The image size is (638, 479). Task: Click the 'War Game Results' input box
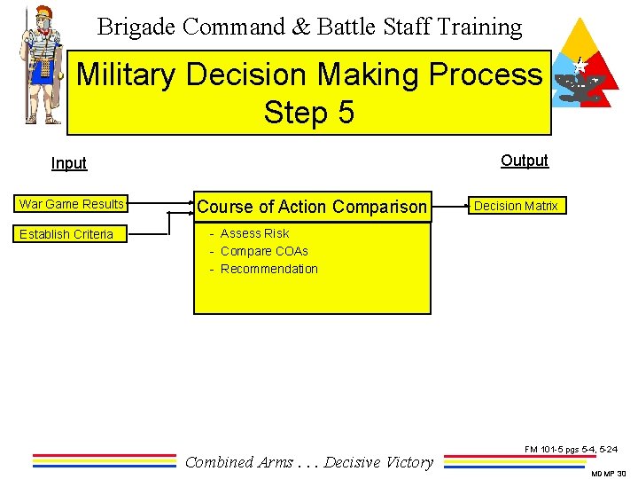coord(72,204)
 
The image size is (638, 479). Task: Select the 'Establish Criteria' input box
coord(66,234)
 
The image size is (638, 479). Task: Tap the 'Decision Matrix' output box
coord(516,206)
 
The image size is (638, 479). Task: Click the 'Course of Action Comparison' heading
coord(312,207)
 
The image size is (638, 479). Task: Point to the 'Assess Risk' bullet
coord(254,233)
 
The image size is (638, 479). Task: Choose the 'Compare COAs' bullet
coord(264,251)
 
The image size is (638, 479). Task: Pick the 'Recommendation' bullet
coord(268,269)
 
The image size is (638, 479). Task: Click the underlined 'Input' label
coord(69,163)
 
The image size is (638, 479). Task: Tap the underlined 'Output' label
coord(525,161)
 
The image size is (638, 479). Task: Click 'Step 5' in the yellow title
coord(308,113)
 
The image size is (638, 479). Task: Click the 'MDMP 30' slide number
coord(609,474)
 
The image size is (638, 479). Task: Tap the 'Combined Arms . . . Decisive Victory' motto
coord(309,461)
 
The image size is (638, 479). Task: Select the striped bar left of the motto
coord(105,460)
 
